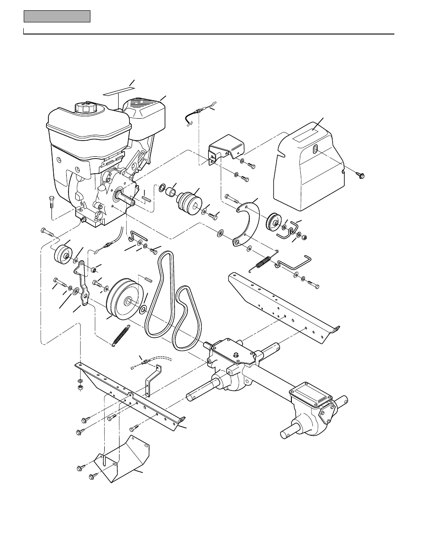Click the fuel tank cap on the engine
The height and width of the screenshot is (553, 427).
tap(85, 108)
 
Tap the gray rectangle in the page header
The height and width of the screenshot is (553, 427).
tap(57, 17)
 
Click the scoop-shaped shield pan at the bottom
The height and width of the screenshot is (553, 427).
tap(123, 461)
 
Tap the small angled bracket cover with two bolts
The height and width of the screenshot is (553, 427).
tap(226, 150)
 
